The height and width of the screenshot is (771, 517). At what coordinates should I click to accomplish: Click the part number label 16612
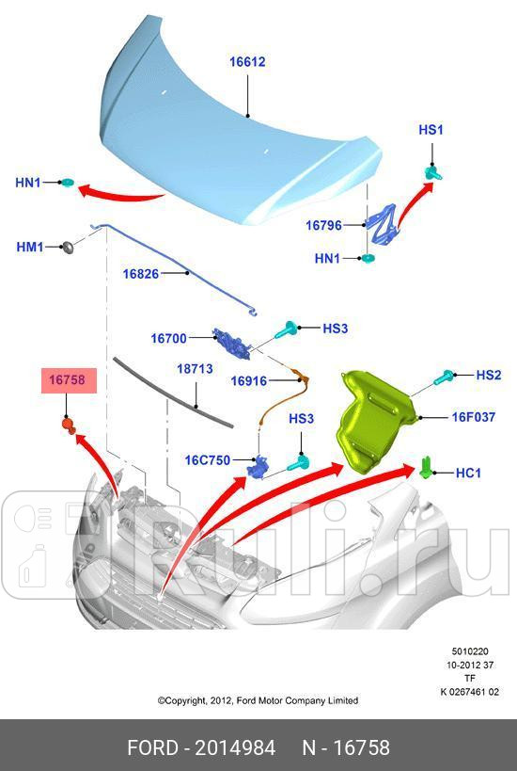(x=247, y=63)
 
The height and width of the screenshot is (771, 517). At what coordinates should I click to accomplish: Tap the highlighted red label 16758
(x=67, y=380)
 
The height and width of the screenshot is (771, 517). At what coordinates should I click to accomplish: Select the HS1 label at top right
(x=431, y=130)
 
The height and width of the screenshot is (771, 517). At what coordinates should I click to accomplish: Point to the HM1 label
(x=29, y=247)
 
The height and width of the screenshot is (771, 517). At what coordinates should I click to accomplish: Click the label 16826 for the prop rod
(x=140, y=274)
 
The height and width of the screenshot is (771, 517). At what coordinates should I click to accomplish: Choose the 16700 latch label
(x=169, y=337)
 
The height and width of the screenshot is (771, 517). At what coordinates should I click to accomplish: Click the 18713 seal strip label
(x=196, y=370)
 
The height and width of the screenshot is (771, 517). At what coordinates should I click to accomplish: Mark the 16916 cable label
(x=249, y=381)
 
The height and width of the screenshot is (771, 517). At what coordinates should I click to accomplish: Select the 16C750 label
(x=208, y=460)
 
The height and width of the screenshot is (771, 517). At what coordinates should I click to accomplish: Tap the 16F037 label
(x=473, y=416)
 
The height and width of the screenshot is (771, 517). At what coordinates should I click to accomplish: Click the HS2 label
(x=488, y=375)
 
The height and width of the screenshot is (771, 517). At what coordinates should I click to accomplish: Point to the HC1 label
(x=468, y=473)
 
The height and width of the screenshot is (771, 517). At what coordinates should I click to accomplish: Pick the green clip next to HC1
(x=427, y=466)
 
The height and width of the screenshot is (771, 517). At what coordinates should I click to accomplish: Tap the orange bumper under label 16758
(x=68, y=425)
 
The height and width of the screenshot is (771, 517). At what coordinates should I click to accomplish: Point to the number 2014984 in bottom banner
(x=235, y=748)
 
